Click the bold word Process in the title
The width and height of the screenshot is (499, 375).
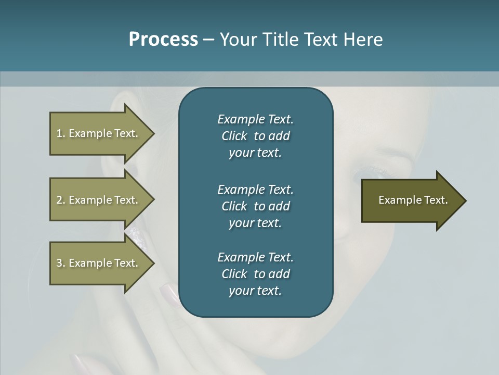(x=163, y=40)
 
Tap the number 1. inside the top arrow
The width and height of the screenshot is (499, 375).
(x=61, y=133)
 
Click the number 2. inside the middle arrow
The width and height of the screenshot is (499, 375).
(x=61, y=200)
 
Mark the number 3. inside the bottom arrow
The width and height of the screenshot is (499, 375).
(x=61, y=263)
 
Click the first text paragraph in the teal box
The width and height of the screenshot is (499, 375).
(x=255, y=136)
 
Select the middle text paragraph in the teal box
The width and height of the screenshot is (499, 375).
(x=255, y=206)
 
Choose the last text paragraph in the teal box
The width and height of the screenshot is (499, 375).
(x=255, y=274)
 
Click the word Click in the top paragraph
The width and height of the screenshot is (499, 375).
(x=234, y=136)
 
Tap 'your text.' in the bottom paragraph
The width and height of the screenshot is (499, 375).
(x=255, y=291)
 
